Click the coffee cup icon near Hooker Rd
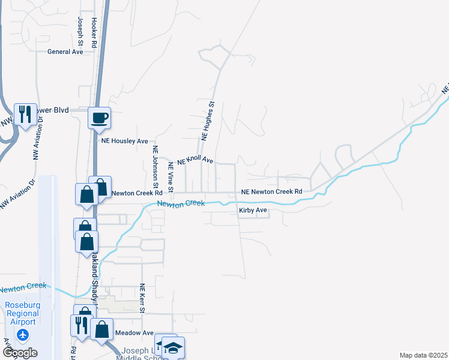coord(100,118)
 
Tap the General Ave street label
coord(65,52)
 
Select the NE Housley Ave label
coord(124,141)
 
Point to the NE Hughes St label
coord(208,121)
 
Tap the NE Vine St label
coord(170,176)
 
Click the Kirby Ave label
coord(253,211)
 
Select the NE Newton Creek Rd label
coord(271,192)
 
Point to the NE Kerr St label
coord(142,298)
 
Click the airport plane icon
coord(23,335)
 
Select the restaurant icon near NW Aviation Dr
coord(25,113)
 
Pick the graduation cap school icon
coord(173,347)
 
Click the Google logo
coord(20,353)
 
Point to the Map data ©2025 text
coord(423,355)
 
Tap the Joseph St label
coord(80,32)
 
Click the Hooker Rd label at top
coord(94,32)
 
